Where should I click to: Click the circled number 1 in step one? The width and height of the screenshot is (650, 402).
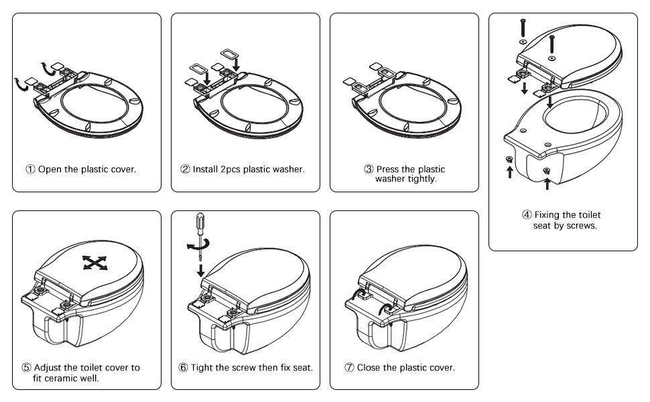[x=30, y=170]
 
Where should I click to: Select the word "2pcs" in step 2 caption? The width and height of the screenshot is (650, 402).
[x=232, y=170]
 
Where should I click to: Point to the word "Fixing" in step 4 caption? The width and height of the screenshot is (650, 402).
[x=549, y=215]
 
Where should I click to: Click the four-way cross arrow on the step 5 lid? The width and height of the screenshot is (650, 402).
[x=95, y=263]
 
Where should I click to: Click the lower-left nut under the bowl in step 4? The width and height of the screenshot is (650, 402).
[x=509, y=159]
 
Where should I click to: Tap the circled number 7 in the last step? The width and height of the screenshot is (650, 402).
[x=349, y=368]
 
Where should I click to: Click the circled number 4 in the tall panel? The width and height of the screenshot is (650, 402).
[x=527, y=215]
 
